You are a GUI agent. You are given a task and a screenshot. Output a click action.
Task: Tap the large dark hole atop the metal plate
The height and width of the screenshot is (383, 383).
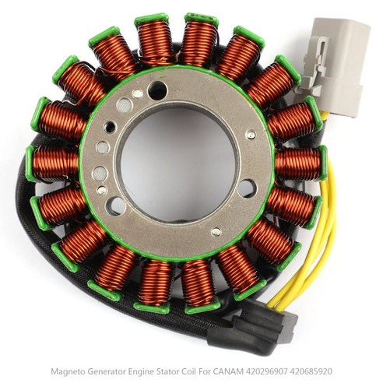tap(157, 90)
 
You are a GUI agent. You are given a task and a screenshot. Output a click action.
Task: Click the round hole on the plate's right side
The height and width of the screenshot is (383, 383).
tap(247, 188)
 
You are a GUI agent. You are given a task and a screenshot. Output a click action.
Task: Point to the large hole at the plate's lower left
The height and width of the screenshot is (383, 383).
tap(116, 206)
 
